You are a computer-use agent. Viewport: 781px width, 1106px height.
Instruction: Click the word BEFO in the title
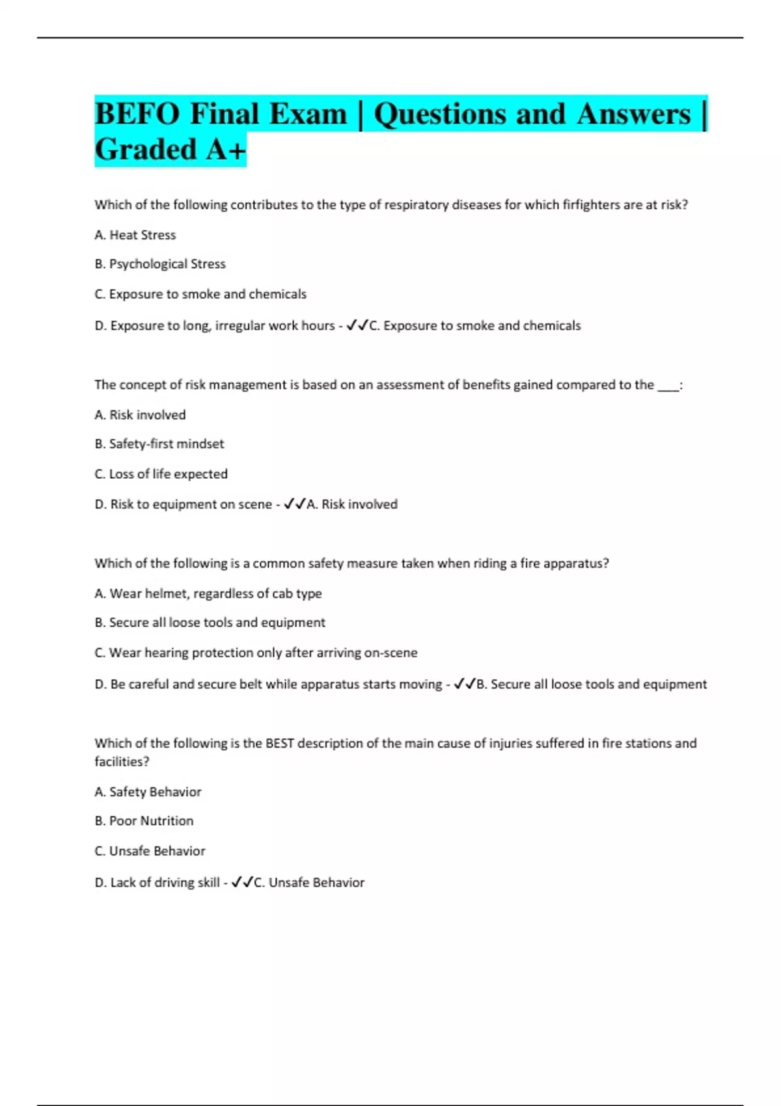(x=137, y=115)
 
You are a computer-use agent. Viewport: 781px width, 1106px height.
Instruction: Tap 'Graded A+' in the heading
(x=171, y=150)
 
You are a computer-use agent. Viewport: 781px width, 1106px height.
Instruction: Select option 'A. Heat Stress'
(x=135, y=235)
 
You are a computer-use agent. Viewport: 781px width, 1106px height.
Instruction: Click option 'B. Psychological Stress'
(x=160, y=264)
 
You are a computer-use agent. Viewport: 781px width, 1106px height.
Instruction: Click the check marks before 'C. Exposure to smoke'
(x=357, y=325)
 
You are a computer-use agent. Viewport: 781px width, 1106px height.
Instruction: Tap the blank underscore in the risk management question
(x=668, y=386)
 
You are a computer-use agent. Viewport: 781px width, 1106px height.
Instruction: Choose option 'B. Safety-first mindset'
(x=159, y=444)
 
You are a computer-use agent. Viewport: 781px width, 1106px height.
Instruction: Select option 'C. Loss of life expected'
(x=161, y=474)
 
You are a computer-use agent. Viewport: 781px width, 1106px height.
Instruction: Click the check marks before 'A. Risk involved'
(x=295, y=504)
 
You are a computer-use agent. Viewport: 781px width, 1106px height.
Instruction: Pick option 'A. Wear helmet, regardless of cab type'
(x=208, y=593)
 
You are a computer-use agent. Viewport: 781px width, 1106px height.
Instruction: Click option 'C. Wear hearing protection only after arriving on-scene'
(x=256, y=653)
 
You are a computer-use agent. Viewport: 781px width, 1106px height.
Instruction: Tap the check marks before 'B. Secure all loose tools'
(x=465, y=684)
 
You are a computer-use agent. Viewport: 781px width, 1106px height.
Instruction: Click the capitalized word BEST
(x=279, y=743)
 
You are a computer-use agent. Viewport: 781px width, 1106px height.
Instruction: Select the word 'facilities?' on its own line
(x=122, y=761)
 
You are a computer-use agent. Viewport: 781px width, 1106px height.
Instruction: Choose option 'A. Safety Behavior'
(x=148, y=792)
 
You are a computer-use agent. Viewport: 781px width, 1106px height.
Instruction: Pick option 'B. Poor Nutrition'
(x=144, y=821)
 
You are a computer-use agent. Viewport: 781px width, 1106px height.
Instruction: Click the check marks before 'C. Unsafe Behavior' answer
(x=242, y=883)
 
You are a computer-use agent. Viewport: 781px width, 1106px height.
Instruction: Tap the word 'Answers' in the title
(x=633, y=115)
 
